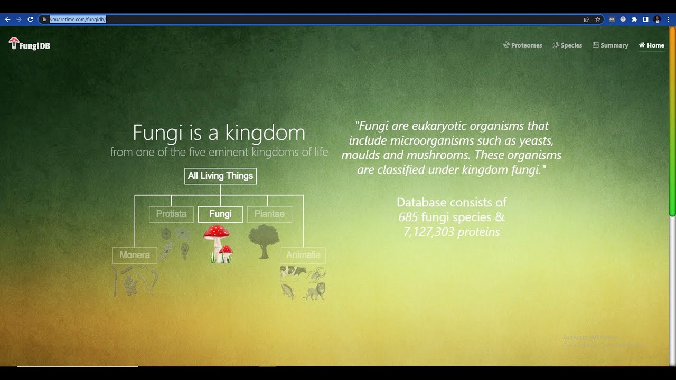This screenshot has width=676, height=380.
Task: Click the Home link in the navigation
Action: pyautogui.click(x=652, y=45)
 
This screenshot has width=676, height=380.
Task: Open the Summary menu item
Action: pyautogui.click(x=611, y=45)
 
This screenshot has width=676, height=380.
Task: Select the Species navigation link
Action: pyautogui.click(x=567, y=45)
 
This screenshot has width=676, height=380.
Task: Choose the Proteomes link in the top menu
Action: pyautogui.click(x=523, y=45)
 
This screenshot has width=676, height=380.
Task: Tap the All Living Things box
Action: pyautogui.click(x=220, y=176)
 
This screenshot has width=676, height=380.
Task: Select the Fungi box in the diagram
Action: pyautogui.click(x=220, y=214)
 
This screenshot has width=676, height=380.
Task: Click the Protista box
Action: pyautogui.click(x=171, y=214)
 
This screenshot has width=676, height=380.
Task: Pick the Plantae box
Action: pyautogui.click(x=269, y=214)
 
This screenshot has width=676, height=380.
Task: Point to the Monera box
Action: pyautogui.click(x=135, y=255)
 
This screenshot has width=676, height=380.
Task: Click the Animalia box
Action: pyautogui.click(x=303, y=255)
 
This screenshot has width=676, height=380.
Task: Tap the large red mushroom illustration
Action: pyautogui.click(x=217, y=238)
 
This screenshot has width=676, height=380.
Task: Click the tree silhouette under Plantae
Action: pyautogui.click(x=264, y=240)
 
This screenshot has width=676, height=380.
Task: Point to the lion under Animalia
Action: pyautogui.click(x=315, y=291)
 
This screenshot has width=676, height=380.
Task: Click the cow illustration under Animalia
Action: pyautogui.click(x=293, y=272)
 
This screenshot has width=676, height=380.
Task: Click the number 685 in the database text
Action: pyautogui.click(x=408, y=217)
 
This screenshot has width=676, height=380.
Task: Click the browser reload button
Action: pyautogui.click(x=30, y=20)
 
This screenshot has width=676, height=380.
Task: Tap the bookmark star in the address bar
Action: pyautogui.click(x=598, y=20)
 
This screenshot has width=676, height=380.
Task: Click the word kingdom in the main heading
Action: pyautogui.click(x=264, y=132)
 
